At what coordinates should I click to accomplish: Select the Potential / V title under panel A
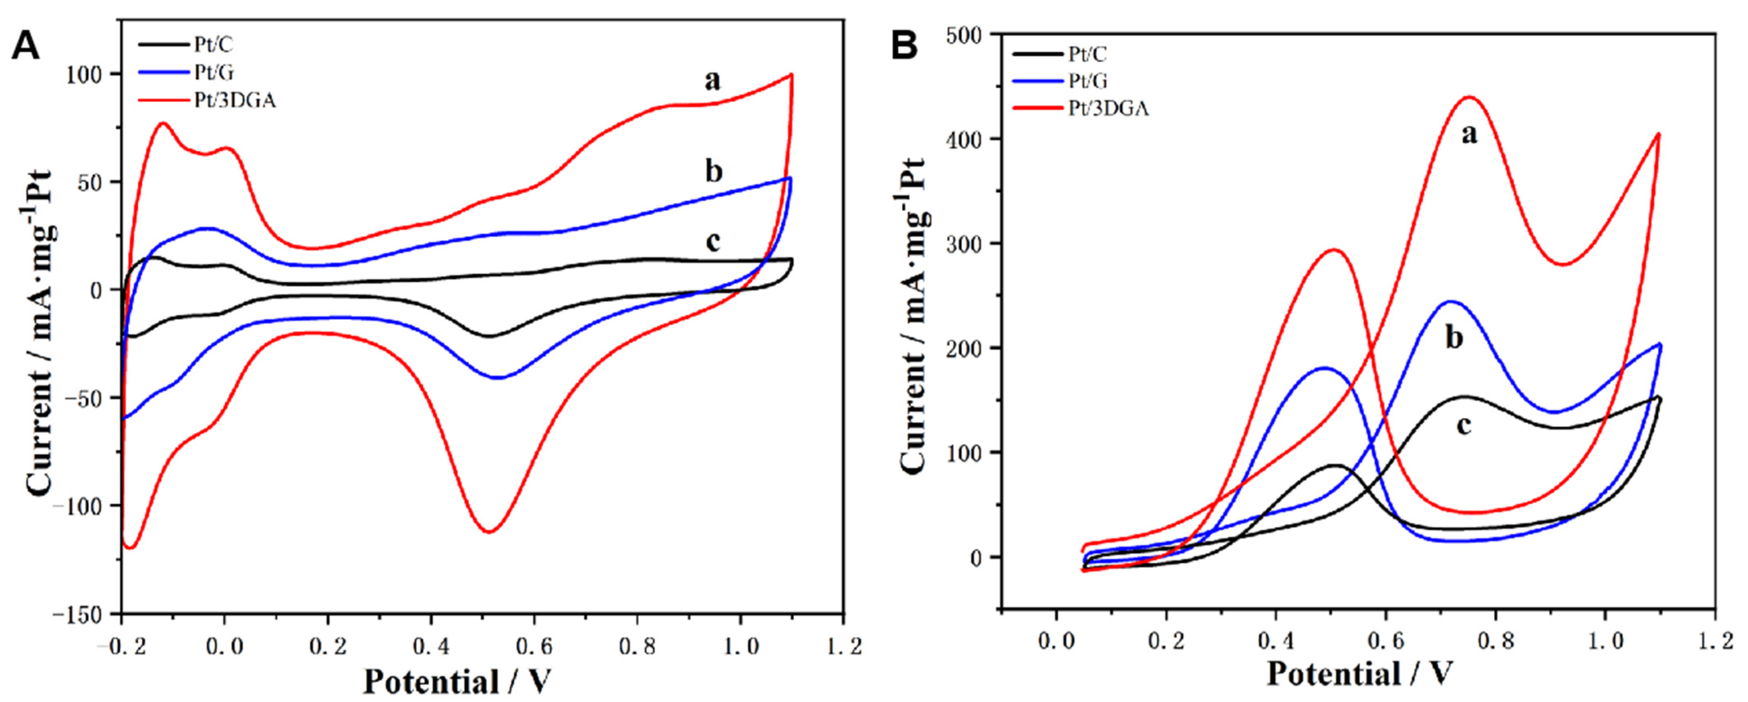click(457, 680)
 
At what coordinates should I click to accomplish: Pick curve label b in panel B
click(1454, 338)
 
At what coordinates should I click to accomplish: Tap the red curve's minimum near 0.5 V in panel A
click(488, 532)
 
